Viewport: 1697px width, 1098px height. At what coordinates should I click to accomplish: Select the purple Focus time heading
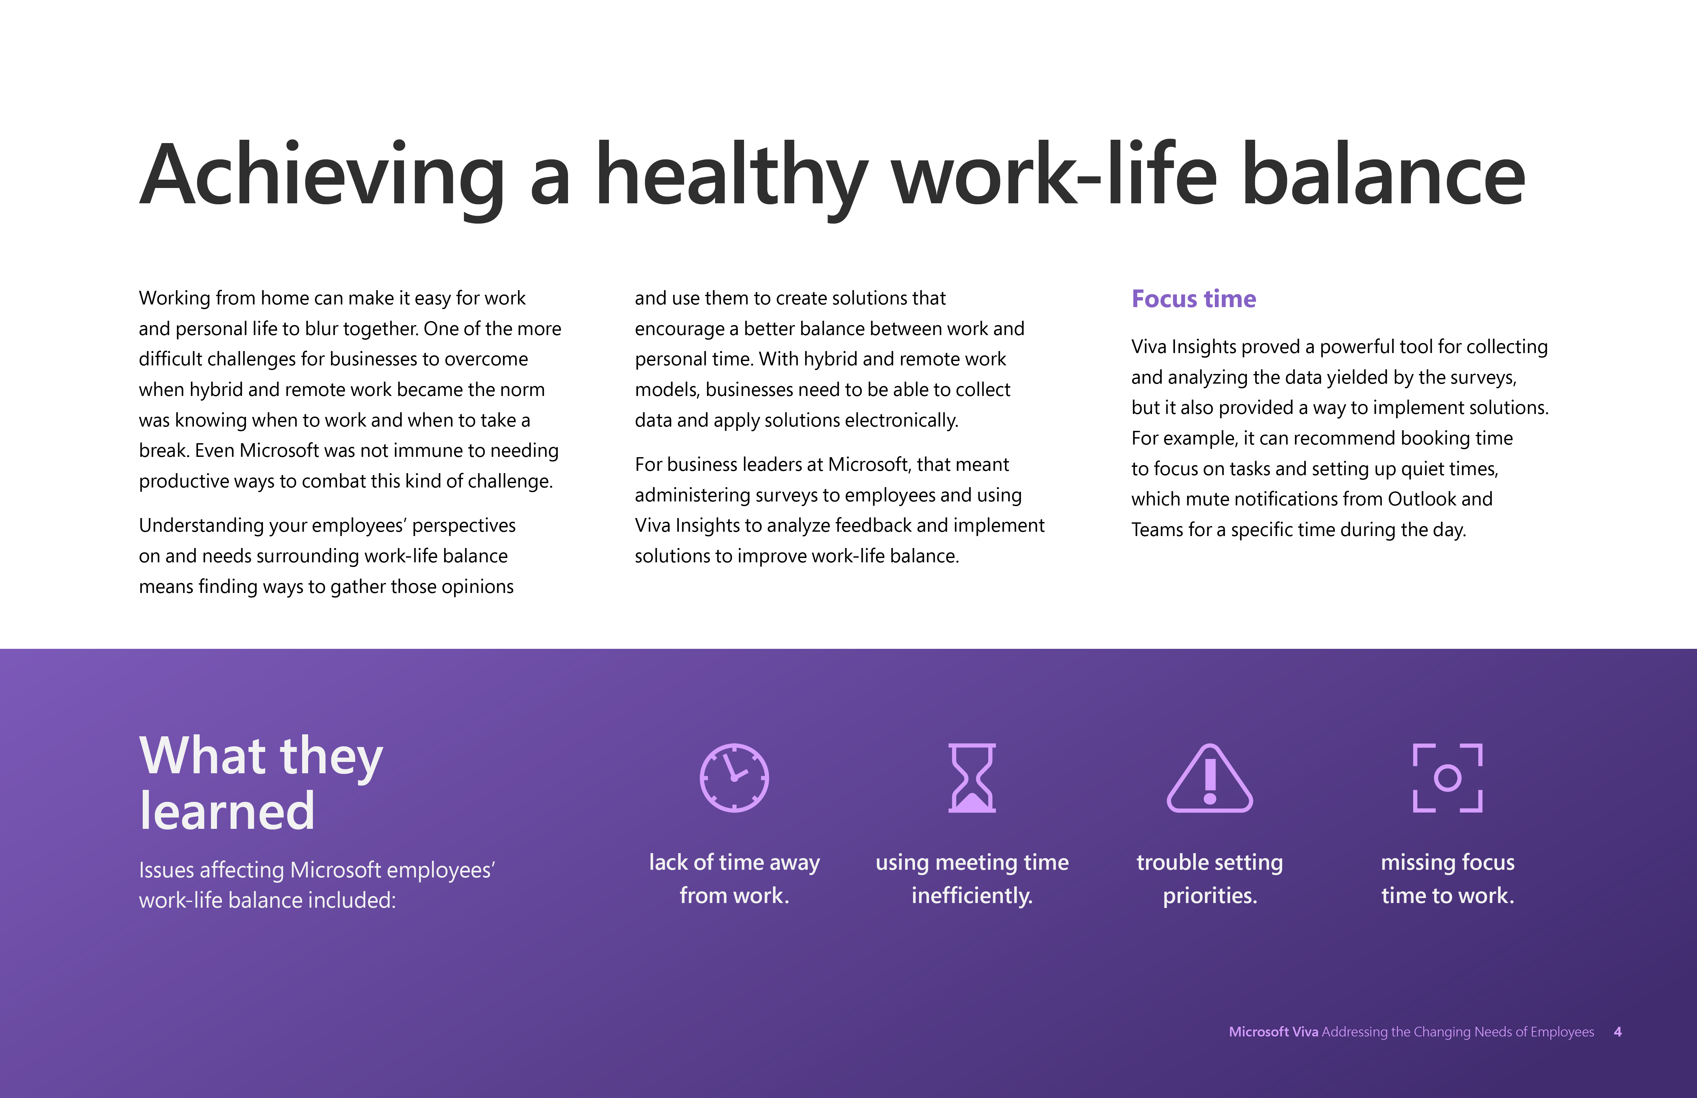pos(1194,299)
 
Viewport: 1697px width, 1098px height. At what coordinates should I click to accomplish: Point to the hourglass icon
pos(972,778)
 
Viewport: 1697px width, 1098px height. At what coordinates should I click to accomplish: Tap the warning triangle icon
pos(1210,778)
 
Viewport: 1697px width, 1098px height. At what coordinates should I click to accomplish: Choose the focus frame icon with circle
pos(1447,778)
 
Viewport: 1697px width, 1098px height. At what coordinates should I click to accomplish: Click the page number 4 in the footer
pos(1618,1032)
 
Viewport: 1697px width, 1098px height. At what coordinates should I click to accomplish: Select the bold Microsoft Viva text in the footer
pos(1273,1032)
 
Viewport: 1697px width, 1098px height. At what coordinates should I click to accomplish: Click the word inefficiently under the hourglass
pos(972,895)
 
